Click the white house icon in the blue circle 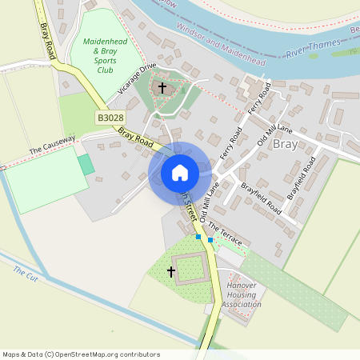coord(180,173)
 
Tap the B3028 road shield coord(110,118)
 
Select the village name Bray coord(286,145)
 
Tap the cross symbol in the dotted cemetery coord(171,272)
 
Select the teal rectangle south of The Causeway coord(86,165)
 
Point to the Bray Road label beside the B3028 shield coord(135,137)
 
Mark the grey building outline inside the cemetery coord(190,268)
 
